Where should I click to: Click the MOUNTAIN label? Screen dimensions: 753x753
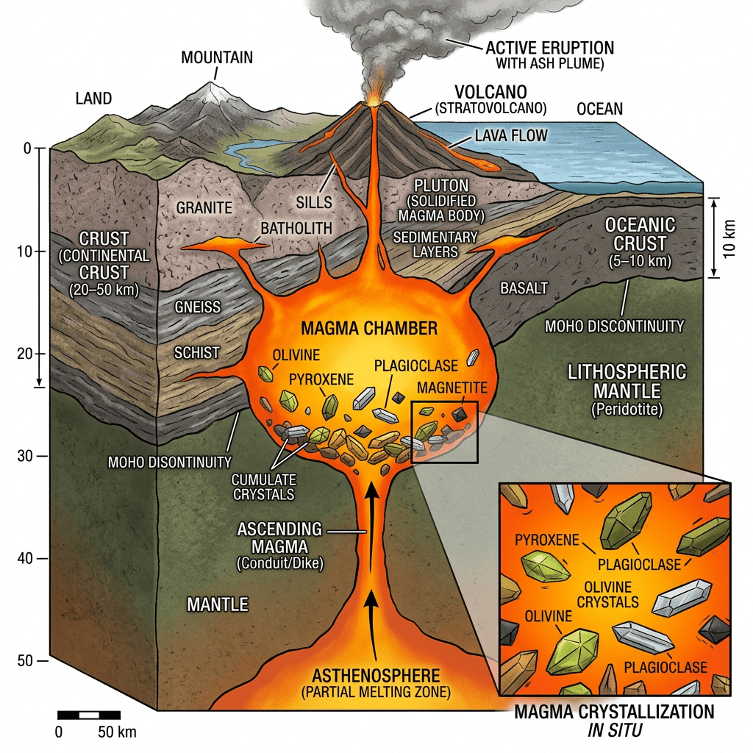217,57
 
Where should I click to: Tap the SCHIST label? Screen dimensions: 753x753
196,353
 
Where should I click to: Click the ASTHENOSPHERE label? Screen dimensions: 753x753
376,676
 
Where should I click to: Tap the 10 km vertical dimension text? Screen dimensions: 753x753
729,238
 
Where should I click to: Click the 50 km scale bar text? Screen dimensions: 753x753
117,732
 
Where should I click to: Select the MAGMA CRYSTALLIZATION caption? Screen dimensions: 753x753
613,713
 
